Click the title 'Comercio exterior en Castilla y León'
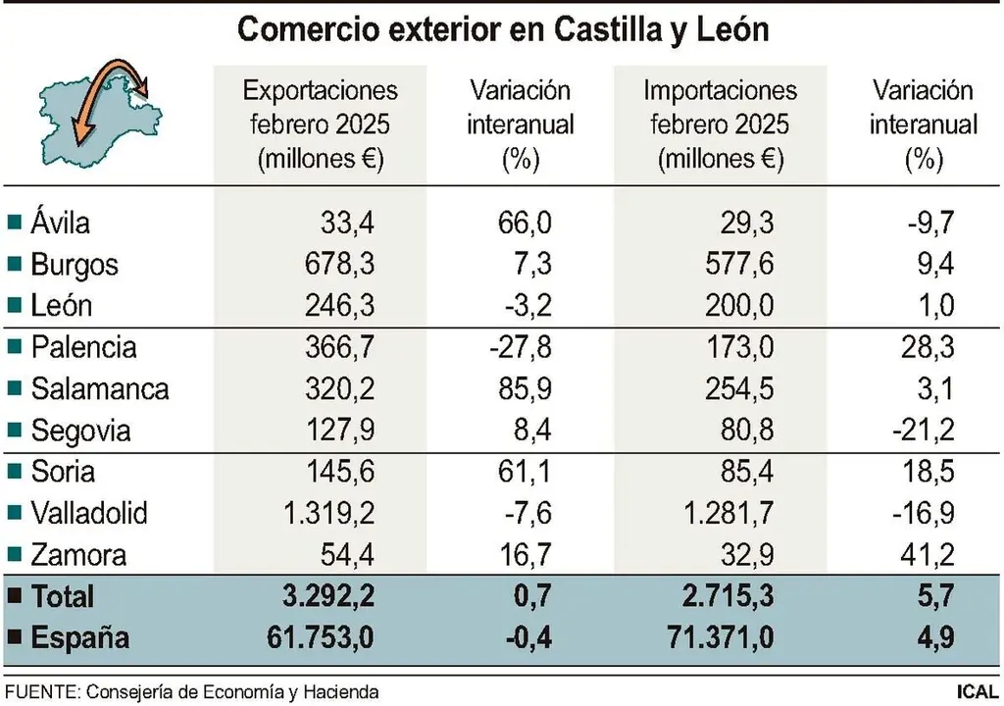point(503,29)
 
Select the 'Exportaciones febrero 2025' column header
point(321,125)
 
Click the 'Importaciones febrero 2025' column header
point(721,125)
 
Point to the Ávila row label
point(60,223)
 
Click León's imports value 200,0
point(739,306)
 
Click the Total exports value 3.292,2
point(321,596)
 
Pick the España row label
point(80,638)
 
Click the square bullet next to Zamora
point(13,555)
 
